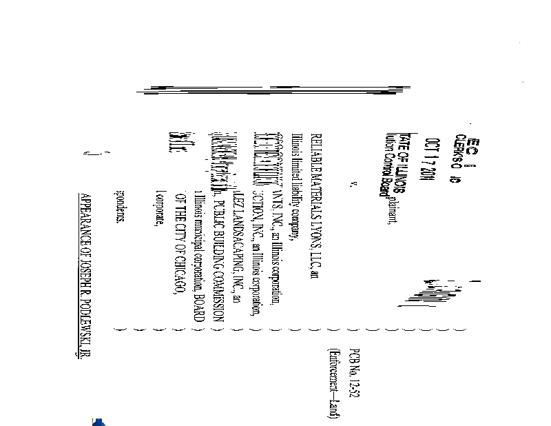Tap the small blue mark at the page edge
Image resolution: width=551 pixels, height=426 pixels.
[x=98, y=421]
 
